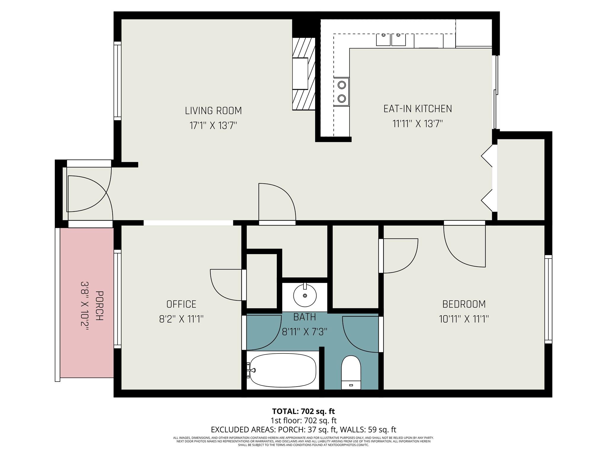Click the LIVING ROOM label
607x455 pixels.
pyautogui.click(x=213, y=111)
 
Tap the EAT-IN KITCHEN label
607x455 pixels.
pyautogui.click(x=417, y=109)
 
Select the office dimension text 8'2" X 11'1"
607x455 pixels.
pyautogui.click(x=181, y=319)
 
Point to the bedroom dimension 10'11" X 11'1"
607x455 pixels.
pyautogui.click(x=464, y=319)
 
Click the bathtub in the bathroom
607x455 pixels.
pyautogui.click(x=283, y=371)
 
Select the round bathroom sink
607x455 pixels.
pyautogui.click(x=305, y=295)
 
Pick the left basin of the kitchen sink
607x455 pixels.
pyautogui.click(x=383, y=40)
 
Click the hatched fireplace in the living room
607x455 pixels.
pyautogui.click(x=303, y=74)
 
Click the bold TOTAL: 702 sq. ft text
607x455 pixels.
pyautogui.click(x=303, y=411)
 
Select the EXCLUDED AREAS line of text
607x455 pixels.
pyautogui.click(x=303, y=430)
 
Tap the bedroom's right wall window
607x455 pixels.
pyautogui.click(x=548, y=299)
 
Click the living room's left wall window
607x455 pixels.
pyautogui.click(x=118, y=81)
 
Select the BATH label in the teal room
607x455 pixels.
pyautogui.click(x=304, y=317)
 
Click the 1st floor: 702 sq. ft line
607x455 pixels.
pyautogui.click(x=303, y=420)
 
